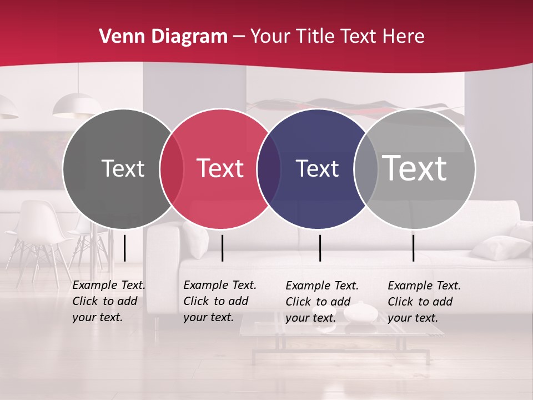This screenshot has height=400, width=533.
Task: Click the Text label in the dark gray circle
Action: pos(123,168)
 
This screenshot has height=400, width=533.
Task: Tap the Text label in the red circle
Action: pos(220,168)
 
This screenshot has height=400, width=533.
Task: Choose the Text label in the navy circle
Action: pos(317,168)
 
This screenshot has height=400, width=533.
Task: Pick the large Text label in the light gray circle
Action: pos(414,168)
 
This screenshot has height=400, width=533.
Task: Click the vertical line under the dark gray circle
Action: pos(124,248)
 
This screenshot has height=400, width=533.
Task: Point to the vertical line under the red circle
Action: pos(222,248)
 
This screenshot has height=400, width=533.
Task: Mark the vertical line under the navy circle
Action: pos(320,248)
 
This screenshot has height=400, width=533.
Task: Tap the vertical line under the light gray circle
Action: pos(413,248)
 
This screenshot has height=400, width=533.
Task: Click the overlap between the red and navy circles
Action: pos(268,168)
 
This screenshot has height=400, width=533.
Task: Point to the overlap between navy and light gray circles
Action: pos(366,168)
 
